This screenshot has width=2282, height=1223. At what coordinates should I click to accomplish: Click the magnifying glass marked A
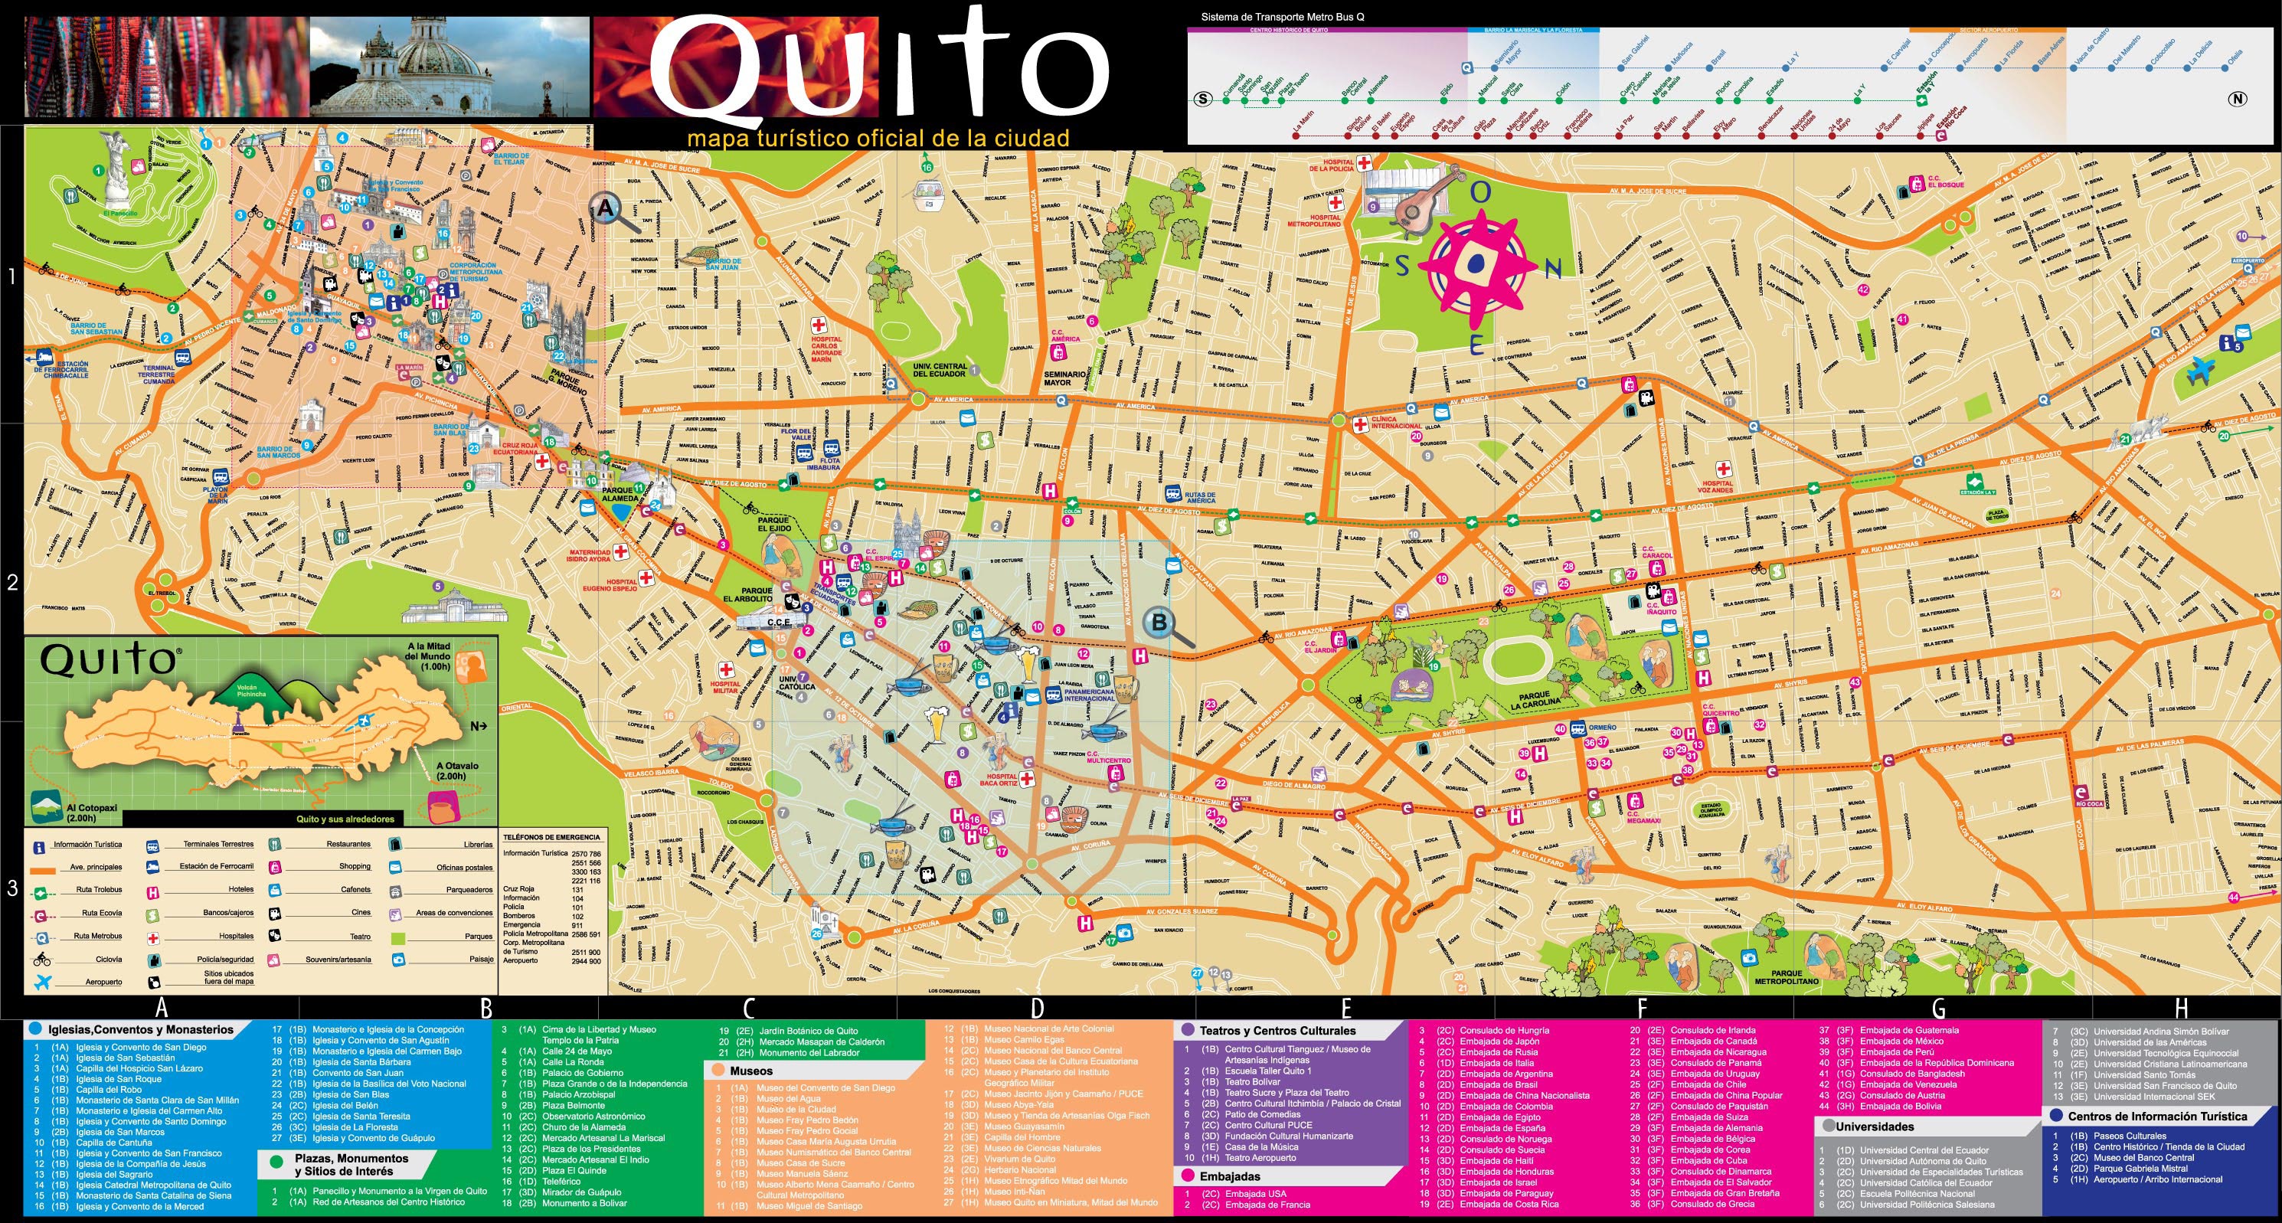(606, 208)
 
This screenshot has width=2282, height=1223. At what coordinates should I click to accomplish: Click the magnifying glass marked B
(1158, 622)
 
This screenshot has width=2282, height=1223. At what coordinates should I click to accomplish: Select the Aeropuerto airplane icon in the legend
(41, 982)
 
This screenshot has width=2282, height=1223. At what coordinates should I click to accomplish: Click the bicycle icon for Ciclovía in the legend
(41, 959)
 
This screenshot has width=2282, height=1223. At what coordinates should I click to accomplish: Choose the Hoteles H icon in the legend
(153, 890)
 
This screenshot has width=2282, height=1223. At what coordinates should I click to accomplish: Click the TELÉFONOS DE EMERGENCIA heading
(551, 836)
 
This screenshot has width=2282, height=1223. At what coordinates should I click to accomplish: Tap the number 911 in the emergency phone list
(577, 924)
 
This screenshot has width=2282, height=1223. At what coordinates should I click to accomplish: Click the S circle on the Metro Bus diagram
(1202, 100)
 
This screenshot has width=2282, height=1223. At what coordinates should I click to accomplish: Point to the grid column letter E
(1345, 1008)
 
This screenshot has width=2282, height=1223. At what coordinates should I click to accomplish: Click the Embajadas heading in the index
(1230, 1176)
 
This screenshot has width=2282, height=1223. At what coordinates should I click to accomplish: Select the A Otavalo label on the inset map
(457, 770)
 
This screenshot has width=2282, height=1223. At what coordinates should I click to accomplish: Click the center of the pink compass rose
(1476, 263)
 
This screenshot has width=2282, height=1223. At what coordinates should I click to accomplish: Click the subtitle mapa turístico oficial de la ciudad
(878, 139)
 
